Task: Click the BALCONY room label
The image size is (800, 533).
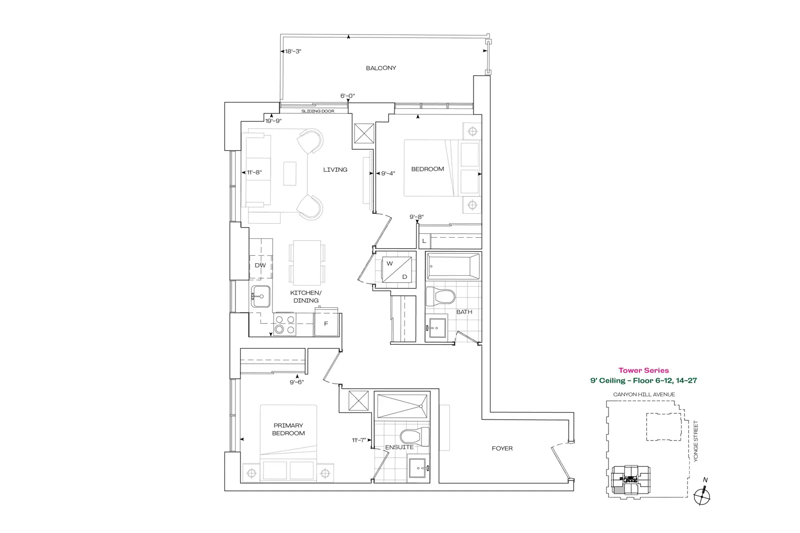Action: click(x=380, y=68)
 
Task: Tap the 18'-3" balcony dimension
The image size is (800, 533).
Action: click(x=293, y=51)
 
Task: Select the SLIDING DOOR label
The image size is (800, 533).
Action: click(x=318, y=111)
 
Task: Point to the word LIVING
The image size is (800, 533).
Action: click(x=335, y=169)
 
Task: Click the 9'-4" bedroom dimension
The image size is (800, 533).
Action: click(x=388, y=173)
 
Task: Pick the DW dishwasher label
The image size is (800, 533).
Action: click(x=260, y=265)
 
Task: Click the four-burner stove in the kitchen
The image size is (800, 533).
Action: click(x=284, y=324)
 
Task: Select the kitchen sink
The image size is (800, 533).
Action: click(x=260, y=296)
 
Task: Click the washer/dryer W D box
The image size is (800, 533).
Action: click(x=397, y=270)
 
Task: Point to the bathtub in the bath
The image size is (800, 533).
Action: click(x=453, y=266)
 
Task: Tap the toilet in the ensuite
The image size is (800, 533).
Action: click(x=415, y=436)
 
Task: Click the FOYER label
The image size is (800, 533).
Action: click(x=502, y=449)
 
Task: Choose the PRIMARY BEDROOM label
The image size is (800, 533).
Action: click(x=288, y=429)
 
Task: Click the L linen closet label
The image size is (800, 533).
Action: click(x=424, y=241)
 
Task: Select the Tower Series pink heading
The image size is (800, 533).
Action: click(x=643, y=370)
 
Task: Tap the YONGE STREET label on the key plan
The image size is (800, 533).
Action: click(x=695, y=441)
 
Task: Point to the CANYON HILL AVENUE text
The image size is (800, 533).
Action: click(x=644, y=394)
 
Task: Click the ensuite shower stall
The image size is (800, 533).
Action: click(x=402, y=406)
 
